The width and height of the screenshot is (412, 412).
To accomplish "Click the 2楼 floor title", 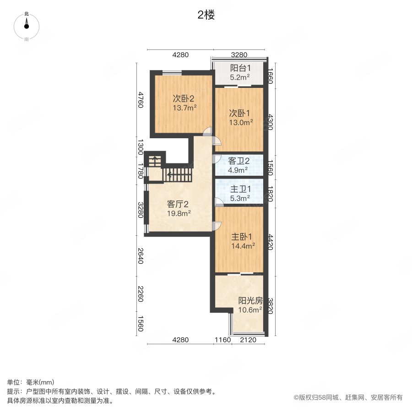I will (x=206, y=15).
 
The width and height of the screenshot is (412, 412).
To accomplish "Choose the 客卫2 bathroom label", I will (x=239, y=161).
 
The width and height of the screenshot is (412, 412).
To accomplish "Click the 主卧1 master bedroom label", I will (x=242, y=237).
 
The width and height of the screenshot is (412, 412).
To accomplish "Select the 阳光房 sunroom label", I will (x=250, y=301).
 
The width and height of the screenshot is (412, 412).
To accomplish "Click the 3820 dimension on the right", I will (x=270, y=305).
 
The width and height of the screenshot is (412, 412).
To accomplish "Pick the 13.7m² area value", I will (x=184, y=108).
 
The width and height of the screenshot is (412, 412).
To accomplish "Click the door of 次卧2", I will (x=208, y=131).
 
